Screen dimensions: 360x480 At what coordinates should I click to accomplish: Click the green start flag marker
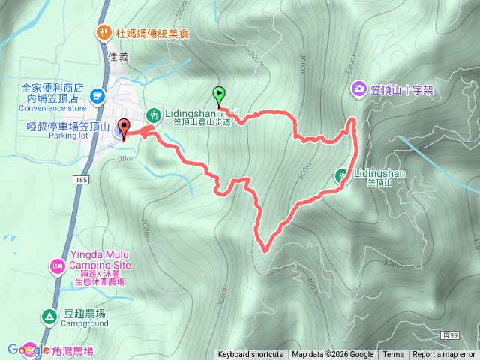coord(219,94)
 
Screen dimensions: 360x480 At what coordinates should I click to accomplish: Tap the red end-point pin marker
coord(124,128)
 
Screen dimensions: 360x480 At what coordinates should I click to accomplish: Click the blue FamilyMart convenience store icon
coord(97,96)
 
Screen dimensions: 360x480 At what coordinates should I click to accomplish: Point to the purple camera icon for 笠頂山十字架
coord(359,90)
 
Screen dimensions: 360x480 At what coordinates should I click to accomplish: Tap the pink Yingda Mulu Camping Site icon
coord(57,266)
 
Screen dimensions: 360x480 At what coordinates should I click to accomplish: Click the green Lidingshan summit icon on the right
coord(341,175)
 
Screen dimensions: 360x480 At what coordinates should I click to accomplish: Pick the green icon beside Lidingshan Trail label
coord(153,115)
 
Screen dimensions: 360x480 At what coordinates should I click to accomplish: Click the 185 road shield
coord(81,180)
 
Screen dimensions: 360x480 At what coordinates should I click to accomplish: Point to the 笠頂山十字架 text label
coord(402,90)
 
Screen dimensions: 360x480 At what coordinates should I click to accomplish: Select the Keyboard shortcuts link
coord(250,355)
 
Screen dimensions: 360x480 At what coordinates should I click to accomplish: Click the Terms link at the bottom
coord(393,355)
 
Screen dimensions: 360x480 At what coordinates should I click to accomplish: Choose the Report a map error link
coord(444,355)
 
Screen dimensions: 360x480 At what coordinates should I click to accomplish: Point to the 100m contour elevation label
coord(121,159)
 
